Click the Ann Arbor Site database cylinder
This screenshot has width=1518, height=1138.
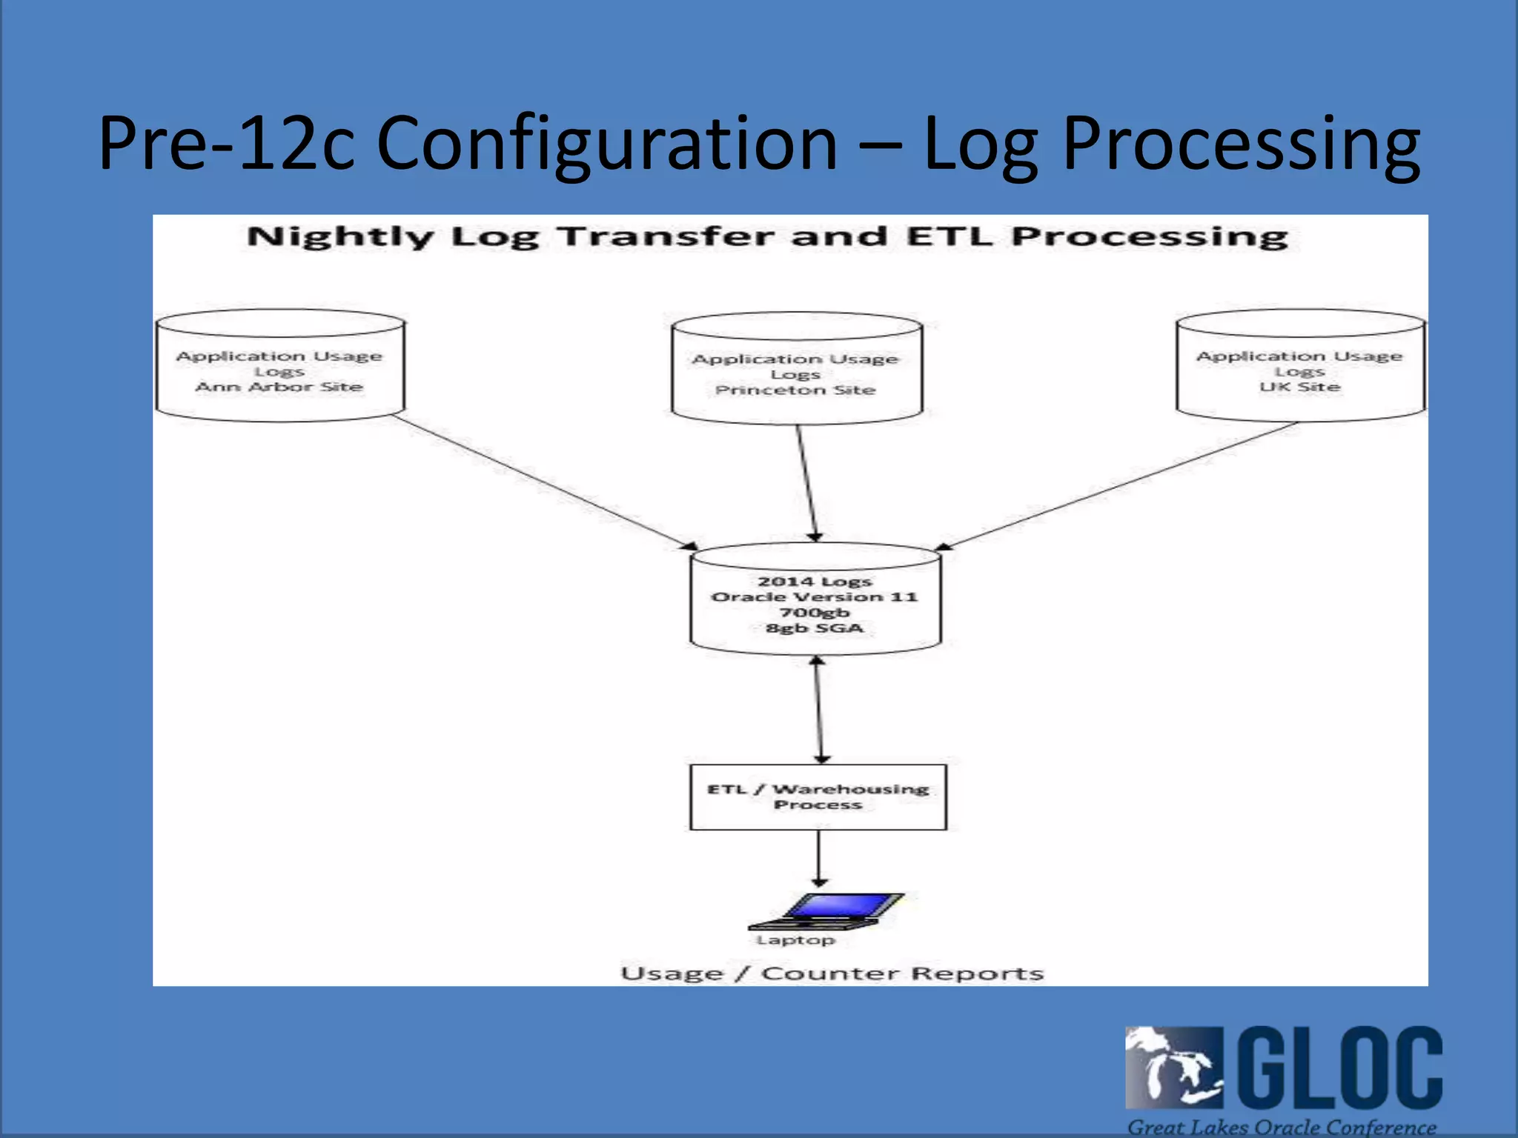pos(279,366)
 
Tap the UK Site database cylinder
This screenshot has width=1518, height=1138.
pos(1300,366)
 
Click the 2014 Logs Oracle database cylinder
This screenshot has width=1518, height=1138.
pos(815,600)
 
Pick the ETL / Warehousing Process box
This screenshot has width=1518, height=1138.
pos(818,797)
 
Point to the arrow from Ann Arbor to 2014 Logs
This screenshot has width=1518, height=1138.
pos(545,482)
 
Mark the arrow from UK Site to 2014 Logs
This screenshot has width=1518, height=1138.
pos(1119,486)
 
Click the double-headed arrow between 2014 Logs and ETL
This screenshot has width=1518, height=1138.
pos(819,710)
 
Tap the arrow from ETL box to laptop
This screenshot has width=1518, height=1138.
pos(818,858)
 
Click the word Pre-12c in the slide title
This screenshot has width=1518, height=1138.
pos(227,143)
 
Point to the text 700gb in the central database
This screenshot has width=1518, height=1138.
pos(815,613)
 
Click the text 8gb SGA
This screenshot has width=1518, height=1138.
pos(815,628)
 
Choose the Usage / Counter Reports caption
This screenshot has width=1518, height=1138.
pos(832,973)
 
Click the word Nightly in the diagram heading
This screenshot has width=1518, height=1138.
pos(340,237)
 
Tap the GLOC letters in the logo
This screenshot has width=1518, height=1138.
pos(1341,1068)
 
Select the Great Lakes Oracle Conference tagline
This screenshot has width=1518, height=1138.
pos(1282,1127)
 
